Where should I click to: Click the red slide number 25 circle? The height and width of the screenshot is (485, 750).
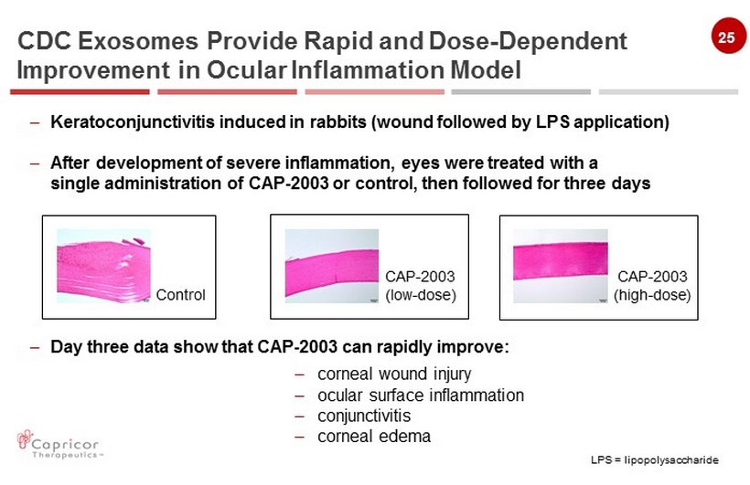pos(728,36)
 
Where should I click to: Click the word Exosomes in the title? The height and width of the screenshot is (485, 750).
pos(138,41)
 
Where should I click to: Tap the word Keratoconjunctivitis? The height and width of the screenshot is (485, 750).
pos(133,122)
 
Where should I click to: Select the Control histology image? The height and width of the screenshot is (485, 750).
pos(103,266)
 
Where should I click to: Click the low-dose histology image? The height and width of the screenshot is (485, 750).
pos(332,266)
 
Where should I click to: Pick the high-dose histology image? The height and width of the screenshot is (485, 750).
pos(561,266)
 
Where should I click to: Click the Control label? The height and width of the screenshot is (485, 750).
pos(181,295)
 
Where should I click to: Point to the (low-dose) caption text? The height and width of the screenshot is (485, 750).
pos(421,295)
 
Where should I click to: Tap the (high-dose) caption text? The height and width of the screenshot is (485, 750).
pos(652,295)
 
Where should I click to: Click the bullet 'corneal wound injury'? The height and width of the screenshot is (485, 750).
pos(394,374)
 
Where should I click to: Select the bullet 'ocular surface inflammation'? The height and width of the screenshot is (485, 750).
pos(421,395)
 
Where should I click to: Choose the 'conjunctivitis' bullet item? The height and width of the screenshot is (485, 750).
pos(364,416)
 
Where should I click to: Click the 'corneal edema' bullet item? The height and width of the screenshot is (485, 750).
pos(374,437)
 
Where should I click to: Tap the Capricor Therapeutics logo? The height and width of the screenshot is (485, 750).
pos(59,445)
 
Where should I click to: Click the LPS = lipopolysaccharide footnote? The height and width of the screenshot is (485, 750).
pos(654,459)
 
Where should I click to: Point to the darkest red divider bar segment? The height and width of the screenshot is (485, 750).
pos(80,91)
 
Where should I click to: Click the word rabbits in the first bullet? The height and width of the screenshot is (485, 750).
pos(337,122)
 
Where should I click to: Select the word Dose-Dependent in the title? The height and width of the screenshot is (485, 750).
pos(528,41)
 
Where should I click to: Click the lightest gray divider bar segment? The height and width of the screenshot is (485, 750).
pos(669,91)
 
